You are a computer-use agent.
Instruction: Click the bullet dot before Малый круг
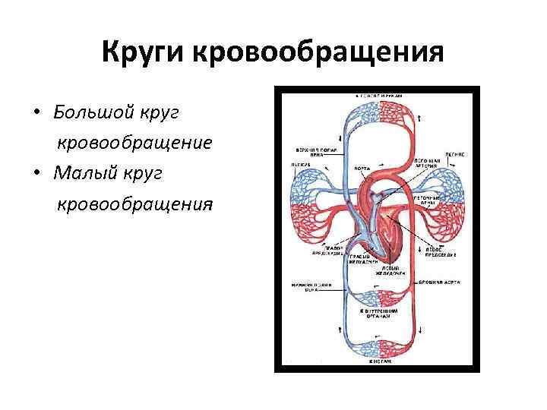(x=36, y=175)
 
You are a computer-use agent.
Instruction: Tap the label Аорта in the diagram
(x=363, y=168)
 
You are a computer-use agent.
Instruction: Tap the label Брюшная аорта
(x=436, y=282)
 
